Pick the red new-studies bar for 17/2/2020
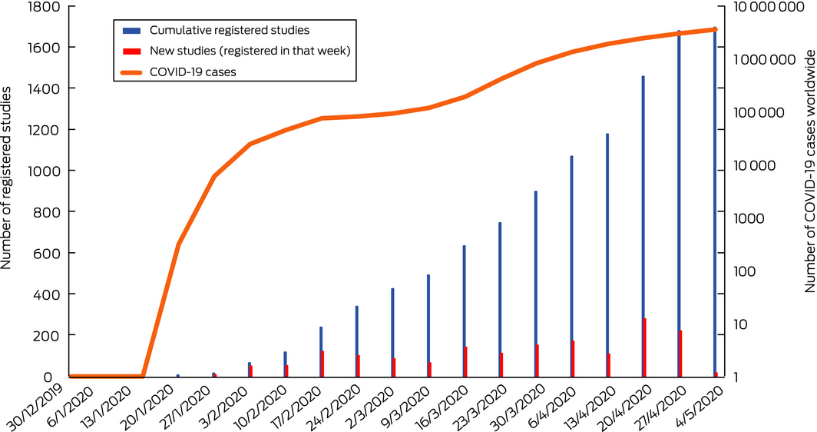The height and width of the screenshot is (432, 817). click(322, 364)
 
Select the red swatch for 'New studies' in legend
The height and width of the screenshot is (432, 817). click(131, 51)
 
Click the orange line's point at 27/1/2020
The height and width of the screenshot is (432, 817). click(214, 176)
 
